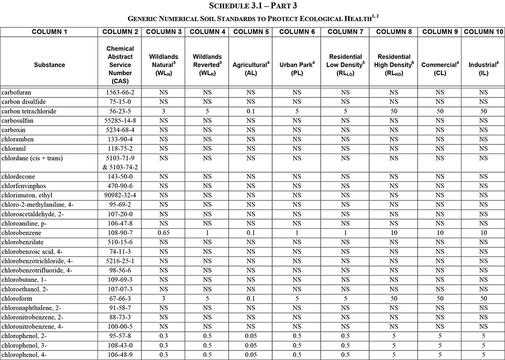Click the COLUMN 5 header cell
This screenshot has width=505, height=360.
(250, 31)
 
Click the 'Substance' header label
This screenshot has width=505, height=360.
(49, 65)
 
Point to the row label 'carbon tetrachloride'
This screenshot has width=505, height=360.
(29, 111)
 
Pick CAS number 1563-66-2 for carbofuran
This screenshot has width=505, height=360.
(120, 92)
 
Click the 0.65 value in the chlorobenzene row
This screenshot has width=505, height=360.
(163, 233)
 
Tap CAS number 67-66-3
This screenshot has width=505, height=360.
(120, 298)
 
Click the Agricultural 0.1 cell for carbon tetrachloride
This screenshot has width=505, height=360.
(250, 111)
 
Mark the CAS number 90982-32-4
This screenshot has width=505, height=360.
(120, 195)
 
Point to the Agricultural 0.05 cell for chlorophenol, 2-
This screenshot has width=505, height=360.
(250, 336)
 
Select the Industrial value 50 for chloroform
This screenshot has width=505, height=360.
(483, 298)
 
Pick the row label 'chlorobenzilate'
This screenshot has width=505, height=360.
(24, 242)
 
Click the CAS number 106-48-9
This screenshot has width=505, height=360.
(120, 355)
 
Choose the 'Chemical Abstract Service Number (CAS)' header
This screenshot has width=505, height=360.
(120, 65)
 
